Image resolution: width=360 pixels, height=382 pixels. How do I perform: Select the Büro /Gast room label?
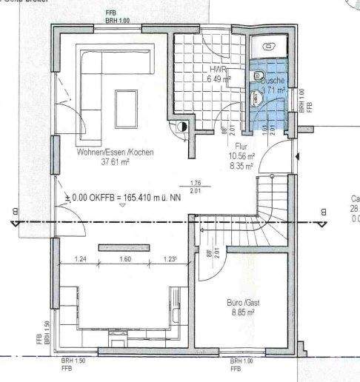click(x=242, y=302)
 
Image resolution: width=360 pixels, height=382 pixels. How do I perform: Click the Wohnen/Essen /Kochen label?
click(x=115, y=152)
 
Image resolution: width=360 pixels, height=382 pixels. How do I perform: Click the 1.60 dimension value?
click(x=124, y=260)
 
